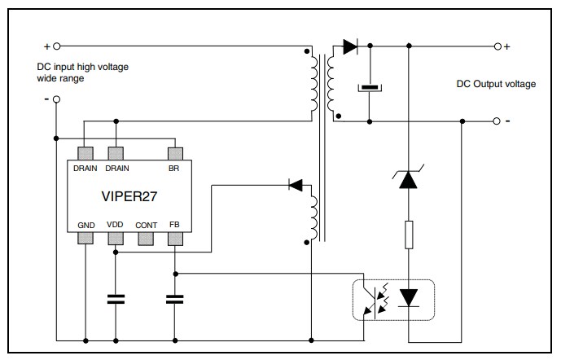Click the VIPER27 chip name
coord(129,196)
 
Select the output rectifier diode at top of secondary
coord(350,46)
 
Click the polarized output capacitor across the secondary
coord(370,87)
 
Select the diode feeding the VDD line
coord(296,186)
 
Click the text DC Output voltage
coord(495,84)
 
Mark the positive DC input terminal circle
coord(56,46)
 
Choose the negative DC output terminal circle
coord(497,121)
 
